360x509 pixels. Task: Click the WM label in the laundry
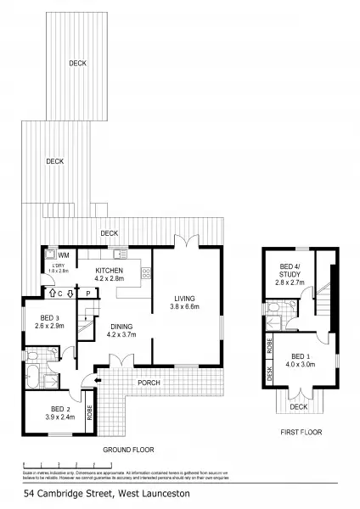click(63, 254)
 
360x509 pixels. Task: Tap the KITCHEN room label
click(110, 271)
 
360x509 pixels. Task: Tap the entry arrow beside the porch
click(97, 382)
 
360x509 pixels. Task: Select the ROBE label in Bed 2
click(90, 416)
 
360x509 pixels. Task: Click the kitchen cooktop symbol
click(145, 273)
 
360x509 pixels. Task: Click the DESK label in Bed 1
click(269, 373)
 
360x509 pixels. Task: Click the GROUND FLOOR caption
click(126, 449)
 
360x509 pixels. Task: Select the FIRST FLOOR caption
click(301, 433)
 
